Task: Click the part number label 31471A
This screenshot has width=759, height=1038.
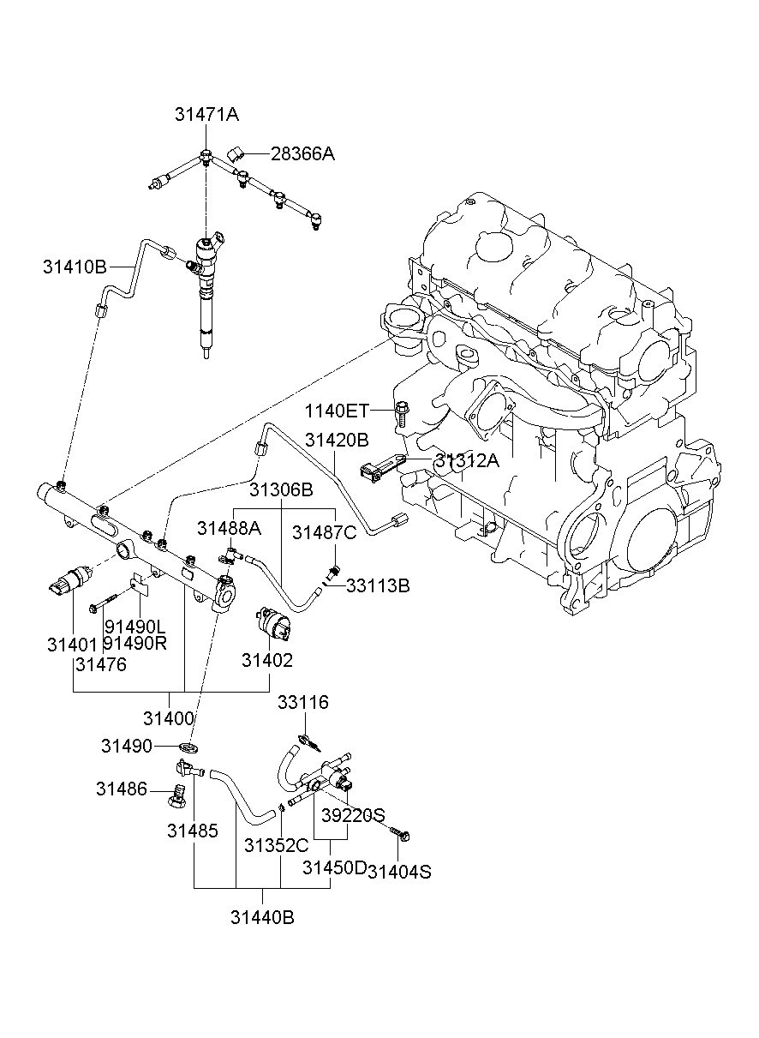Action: [x=206, y=114]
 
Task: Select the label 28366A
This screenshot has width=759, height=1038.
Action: [x=302, y=154]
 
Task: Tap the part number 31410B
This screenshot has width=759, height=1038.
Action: [x=75, y=267]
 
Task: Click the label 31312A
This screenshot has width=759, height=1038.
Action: [x=466, y=461]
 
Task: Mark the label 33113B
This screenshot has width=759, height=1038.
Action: [x=378, y=585]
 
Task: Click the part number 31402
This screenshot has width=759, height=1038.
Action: [x=266, y=660]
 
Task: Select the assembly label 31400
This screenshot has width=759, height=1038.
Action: [x=169, y=718]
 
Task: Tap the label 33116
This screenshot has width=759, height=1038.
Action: [x=302, y=703]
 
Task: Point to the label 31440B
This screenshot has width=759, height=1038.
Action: [x=262, y=917]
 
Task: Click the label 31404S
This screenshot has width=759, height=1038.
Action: [x=399, y=872]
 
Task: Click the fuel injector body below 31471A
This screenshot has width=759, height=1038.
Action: [x=206, y=300]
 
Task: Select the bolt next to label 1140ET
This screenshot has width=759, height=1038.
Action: [x=402, y=412]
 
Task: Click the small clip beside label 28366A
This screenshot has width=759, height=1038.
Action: [x=236, y=153]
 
